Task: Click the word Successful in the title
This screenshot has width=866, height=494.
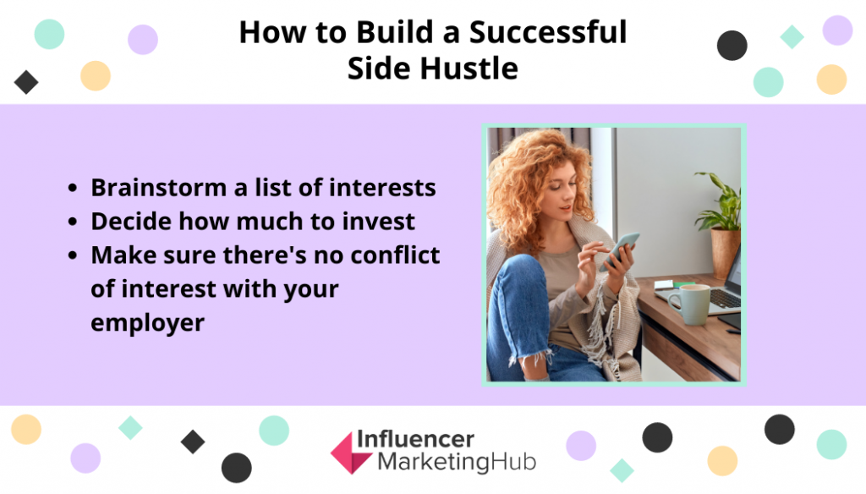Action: coord(548,32)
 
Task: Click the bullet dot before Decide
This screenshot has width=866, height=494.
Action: coord(73,222)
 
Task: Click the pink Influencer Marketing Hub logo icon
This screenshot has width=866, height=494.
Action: coord(351,453)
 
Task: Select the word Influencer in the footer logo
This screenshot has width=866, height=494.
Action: coord(415,440)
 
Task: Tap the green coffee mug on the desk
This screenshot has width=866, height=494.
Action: coord(689,304)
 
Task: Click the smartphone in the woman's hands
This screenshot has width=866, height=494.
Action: coord(620,250)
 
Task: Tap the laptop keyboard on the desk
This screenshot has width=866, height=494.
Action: coord(725,299)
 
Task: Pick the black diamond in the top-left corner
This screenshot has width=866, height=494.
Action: coord(26,82)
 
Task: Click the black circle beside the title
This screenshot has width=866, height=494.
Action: coord(732,46)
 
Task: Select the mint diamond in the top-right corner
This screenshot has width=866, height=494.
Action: coord(792,37)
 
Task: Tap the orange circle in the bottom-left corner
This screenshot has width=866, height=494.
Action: coord(26,430)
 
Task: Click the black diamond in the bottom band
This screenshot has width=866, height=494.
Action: coord(193,442)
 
